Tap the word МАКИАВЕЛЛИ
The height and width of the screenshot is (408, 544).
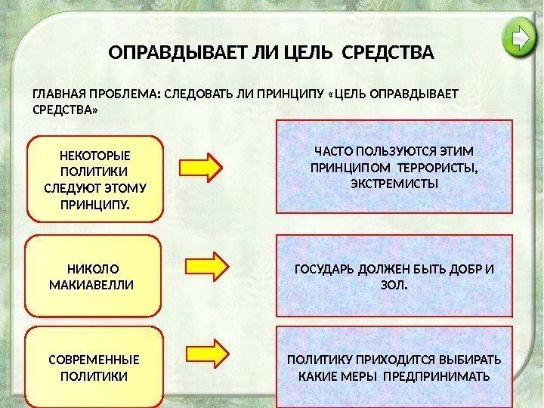pyautogui.click(x=90, y=285)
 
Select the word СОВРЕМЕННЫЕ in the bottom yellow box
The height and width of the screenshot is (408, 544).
pyautogui.click(x=94, y=359)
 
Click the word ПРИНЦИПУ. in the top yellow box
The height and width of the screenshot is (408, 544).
pyautogui.click(x=94, y=204)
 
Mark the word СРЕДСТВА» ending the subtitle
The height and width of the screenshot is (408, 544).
pyautogui.click(x=65, y=110)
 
